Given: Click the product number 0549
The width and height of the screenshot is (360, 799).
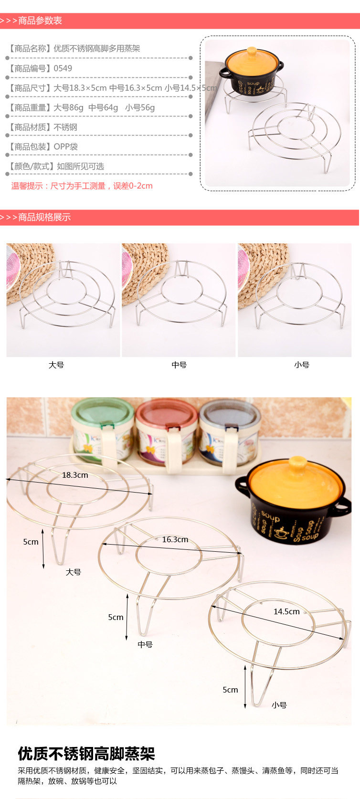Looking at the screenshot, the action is pos(63,68).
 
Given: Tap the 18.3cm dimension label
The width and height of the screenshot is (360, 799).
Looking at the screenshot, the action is pos(75,475).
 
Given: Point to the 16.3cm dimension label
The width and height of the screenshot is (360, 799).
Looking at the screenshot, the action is pos(175,539).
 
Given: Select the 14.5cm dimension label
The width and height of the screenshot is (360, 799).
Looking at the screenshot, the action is pos(286,611).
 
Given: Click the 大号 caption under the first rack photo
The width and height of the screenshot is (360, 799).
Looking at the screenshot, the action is pos(56,365).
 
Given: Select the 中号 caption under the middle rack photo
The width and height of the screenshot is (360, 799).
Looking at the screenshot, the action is pos(179,365).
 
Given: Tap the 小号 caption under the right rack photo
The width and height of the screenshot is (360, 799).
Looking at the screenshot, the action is pos(302,365).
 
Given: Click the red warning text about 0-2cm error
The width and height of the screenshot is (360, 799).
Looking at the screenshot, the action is pos(82,186).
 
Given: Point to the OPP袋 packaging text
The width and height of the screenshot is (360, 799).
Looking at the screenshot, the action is pos(65,147).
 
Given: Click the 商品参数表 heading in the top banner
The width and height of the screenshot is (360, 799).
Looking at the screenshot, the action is pos(40,21).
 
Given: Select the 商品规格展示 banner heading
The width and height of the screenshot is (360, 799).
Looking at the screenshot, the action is pos(44,217).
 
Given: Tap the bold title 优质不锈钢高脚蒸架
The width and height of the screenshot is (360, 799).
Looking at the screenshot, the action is pos(86,753).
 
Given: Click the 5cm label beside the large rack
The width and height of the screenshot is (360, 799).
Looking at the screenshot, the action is pos(31,542).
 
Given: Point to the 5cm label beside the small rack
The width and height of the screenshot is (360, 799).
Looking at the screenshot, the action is pos(231,690).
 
